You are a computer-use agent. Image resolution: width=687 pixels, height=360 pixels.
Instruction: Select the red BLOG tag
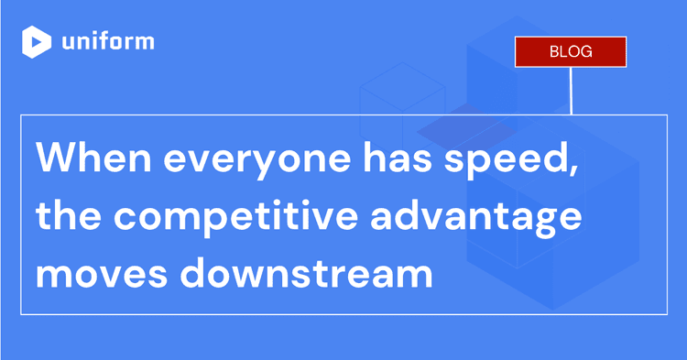pos(571,51)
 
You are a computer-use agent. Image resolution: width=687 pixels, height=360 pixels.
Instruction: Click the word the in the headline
pos(66,219)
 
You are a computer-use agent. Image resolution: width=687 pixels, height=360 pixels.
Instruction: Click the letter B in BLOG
pos(554,51)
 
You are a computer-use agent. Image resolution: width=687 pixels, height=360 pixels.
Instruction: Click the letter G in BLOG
pos(586,51)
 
